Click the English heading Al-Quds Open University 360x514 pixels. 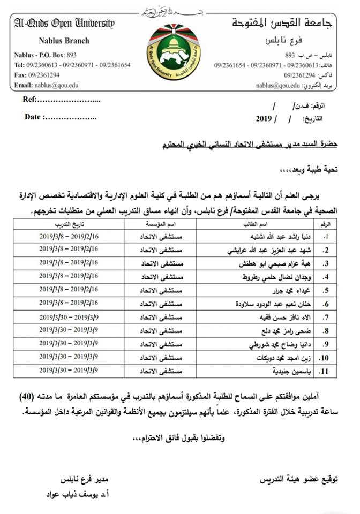(x=65, y=22)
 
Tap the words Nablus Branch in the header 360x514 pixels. (x=64, y=41)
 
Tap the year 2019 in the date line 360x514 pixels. (x=265, y=118)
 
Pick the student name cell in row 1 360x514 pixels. (x=251, y=235)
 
